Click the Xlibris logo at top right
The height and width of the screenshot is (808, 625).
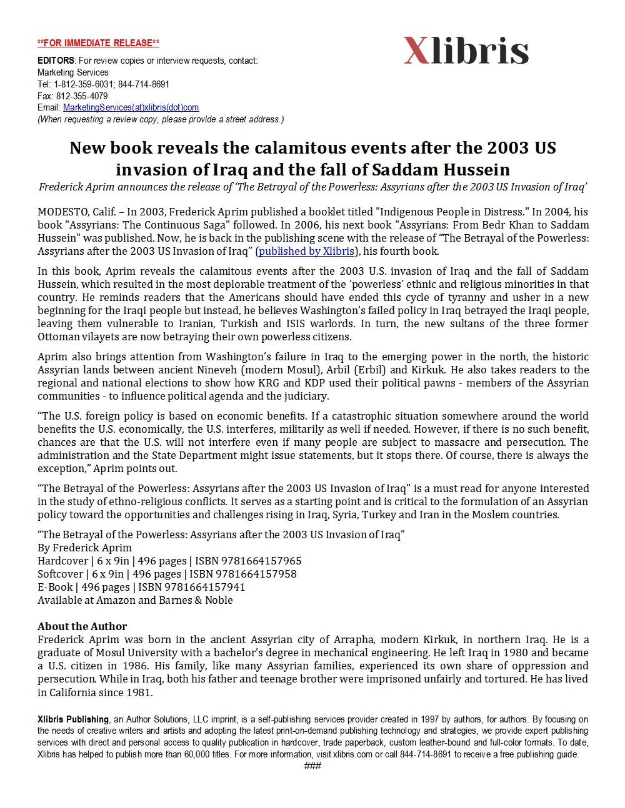466,51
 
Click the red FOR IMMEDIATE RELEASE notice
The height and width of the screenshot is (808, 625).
98,43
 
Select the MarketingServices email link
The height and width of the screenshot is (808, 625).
131,108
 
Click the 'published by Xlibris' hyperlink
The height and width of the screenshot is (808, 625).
306,251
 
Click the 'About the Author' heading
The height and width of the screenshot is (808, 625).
82,626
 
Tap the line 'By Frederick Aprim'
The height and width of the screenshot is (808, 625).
84,548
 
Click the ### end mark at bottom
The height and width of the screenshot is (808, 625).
312,766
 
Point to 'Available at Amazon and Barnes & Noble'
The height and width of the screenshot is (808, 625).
135,600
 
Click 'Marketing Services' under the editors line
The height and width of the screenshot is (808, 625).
72,72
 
